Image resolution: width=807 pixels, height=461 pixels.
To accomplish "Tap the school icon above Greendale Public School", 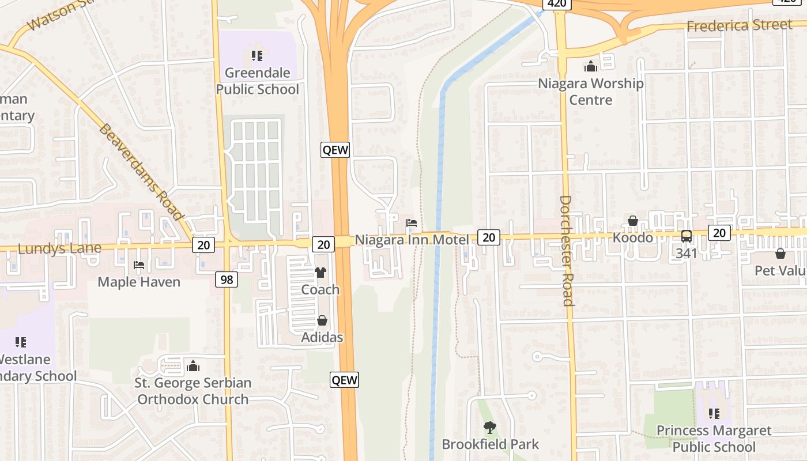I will (257, 56).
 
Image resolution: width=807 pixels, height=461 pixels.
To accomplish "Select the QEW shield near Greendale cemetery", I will (335, 150).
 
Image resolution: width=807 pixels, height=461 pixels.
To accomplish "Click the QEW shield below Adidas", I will (344, 380).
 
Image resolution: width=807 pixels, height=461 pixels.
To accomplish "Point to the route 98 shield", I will (227, 280).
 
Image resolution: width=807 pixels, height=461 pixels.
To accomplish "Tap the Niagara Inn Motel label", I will (412, 239).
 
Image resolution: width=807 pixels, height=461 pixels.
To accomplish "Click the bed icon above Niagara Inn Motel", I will (412, 222).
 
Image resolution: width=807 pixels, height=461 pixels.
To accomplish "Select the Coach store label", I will (320, 289).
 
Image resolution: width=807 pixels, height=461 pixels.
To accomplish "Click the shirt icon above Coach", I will (320, 273).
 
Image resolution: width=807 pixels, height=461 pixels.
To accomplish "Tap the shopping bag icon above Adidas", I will (322, 320).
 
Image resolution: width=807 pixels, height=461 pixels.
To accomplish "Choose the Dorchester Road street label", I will (565, 251).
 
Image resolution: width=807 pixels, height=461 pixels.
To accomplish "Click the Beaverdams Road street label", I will (141, 172).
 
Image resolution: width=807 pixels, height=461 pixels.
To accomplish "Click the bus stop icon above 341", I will (687, 236).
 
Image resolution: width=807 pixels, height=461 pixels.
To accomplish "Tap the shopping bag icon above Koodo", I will (633, 221).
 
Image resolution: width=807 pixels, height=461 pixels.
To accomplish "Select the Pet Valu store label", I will (780, 270).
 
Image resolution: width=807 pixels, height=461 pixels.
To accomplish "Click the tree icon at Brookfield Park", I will (490, 428).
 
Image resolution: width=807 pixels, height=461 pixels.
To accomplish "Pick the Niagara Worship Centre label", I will (590, 92).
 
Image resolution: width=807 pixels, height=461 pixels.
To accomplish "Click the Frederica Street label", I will (739, 25).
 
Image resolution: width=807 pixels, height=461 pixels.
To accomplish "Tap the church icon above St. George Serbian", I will (194, 366).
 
